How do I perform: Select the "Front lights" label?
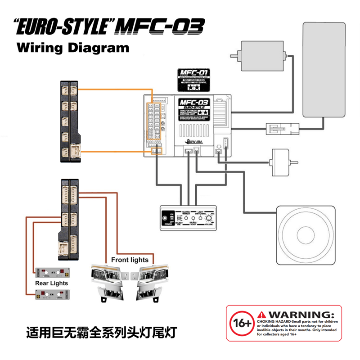(x=130, y=260)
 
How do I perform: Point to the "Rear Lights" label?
(x=52, y=283)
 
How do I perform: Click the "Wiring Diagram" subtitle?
(x=72, y=48)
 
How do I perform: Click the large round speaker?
(x=306, y=235)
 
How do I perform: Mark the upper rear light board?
(x=53, y=272)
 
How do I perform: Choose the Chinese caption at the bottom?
(x=102, y=333)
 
